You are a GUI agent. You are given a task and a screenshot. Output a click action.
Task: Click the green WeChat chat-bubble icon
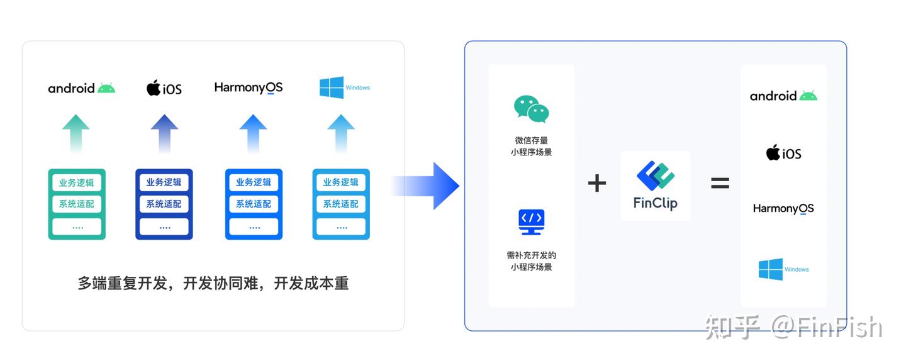pos(531,109)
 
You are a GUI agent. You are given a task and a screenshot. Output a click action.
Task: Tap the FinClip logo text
pos(655,203)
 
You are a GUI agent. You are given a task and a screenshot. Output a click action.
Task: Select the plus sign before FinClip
pos(597,183)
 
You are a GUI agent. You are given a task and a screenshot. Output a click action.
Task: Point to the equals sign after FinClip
pos(720,183)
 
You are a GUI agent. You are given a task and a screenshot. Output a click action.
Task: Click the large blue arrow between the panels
pos(425,186)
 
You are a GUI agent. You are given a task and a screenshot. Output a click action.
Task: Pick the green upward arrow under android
pos(75,133)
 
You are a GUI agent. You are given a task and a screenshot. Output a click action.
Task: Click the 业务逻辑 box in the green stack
pos(77,182)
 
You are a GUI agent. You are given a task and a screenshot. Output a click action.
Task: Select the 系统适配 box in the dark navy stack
pos(164,204)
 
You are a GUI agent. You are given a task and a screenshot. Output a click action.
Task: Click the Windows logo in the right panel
pos(783,269)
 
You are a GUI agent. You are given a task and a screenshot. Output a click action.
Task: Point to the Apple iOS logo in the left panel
pos(164,87)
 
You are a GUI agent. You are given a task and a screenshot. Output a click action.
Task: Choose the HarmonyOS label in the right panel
pos(783,209)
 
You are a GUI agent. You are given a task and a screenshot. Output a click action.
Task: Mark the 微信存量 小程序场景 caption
pos(531,147)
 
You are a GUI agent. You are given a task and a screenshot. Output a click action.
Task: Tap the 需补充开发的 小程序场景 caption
pos(531,261)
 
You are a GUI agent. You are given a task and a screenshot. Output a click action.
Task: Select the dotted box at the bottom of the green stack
pos(77,226)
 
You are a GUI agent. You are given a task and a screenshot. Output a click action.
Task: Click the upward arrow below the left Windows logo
pos(341,133)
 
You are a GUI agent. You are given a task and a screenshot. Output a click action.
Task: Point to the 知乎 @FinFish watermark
pos(793,327)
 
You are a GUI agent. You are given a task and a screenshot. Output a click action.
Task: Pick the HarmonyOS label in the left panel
pos(249,87)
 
